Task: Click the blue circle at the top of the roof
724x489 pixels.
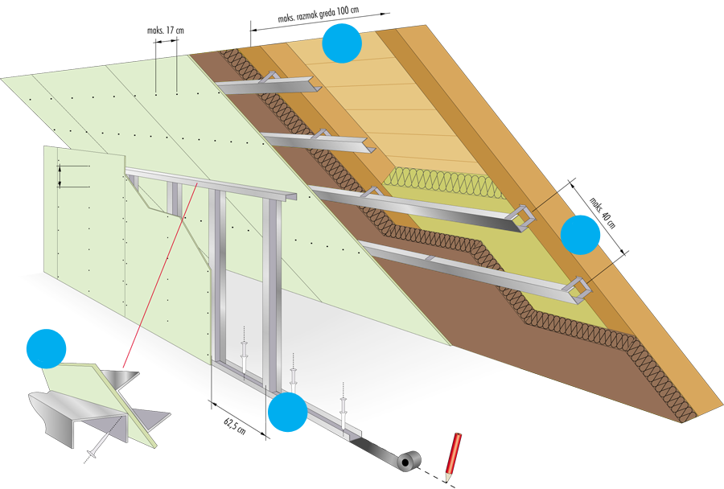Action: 341,43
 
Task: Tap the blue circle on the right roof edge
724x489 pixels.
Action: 580,234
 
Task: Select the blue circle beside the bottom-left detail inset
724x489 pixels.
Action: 46,347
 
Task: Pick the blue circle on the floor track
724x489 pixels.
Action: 287,413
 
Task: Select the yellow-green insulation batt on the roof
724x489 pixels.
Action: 450,201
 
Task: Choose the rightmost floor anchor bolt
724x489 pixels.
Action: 343,409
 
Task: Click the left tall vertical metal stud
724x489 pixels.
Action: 217,273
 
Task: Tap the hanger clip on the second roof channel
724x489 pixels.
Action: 320,134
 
